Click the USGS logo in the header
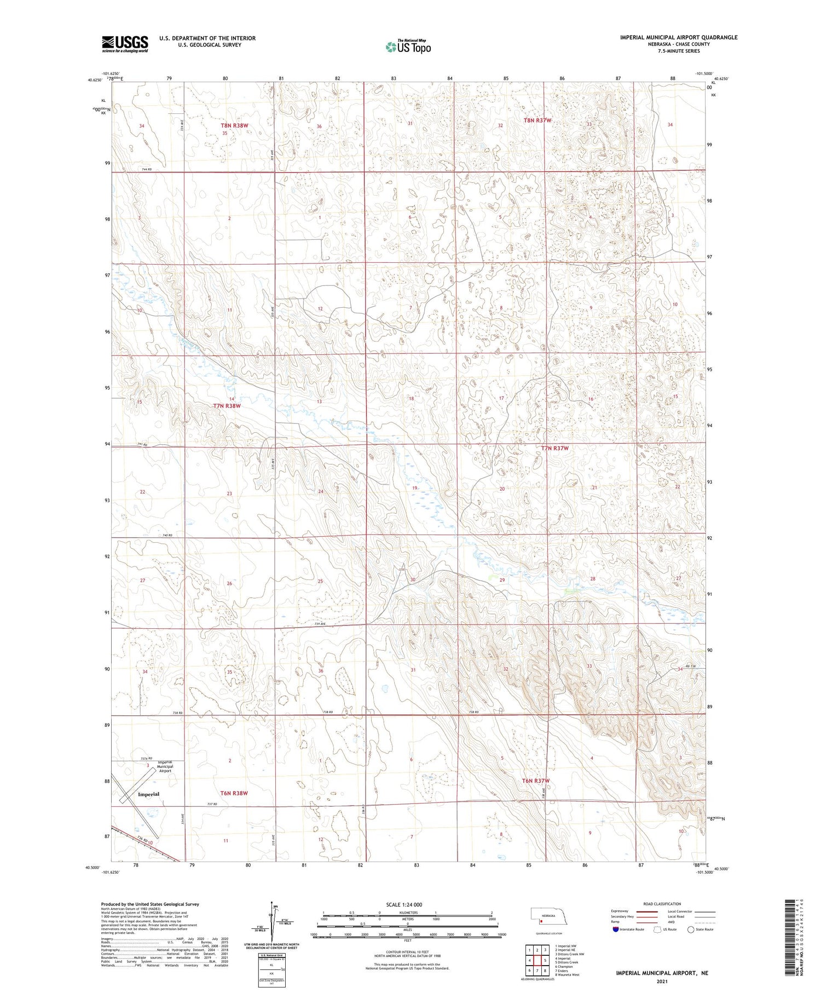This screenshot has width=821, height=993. click(x=125, y=44)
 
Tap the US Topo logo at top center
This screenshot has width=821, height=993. click(x=408, y=47)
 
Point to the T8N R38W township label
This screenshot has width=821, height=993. click(x=234, y=125)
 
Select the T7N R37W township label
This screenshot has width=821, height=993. click(x=555, y=448)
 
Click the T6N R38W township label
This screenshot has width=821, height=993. click(x=234, y=793)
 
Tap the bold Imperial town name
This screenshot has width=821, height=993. click(x=148, y=794)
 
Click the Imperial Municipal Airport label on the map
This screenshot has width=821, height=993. click(x=165, y=766)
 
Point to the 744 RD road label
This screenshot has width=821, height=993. click(x=147, y=170)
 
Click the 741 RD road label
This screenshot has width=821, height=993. click(x=142, y=444)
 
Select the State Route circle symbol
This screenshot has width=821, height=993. click(x=691, y=929)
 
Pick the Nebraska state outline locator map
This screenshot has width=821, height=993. click(x=548, y=916)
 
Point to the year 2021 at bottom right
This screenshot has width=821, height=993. click(x=662, y=980)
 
